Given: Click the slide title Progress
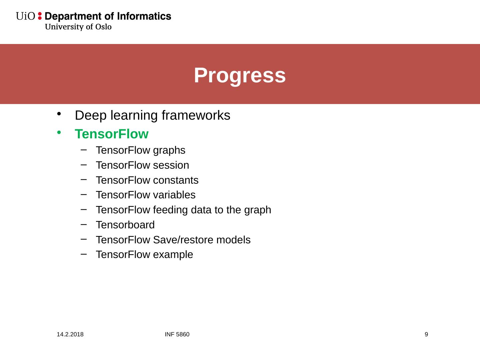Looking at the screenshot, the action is pos(240,76).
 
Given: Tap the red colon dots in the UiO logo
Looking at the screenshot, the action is pos(40,16).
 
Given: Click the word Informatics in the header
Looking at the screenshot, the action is pos(144,16).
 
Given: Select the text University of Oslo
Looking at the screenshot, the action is pos(78,27).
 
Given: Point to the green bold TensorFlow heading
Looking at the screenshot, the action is pos(112,134).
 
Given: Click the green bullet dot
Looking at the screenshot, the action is pos(59,132).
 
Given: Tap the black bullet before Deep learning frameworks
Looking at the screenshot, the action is pos(59,114).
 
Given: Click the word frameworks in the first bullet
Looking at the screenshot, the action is pos(196,115).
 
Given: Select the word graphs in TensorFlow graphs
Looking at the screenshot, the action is pos(169,151).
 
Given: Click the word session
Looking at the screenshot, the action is pos(171,165).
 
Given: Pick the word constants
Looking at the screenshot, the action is pos(176,180).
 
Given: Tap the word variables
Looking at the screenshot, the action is pos(174,195).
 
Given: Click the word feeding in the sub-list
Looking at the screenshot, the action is pos(171,210).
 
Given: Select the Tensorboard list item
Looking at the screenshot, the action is pos(125,225).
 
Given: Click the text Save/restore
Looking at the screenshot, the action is pos(183,240).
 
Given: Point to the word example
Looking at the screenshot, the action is pos(173,255).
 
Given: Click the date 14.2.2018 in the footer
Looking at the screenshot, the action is pos(70,334).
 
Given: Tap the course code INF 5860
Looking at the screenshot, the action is pos(177,334).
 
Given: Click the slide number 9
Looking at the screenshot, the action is pos(426,334).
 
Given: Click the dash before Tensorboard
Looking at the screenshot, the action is pos(84,224).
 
